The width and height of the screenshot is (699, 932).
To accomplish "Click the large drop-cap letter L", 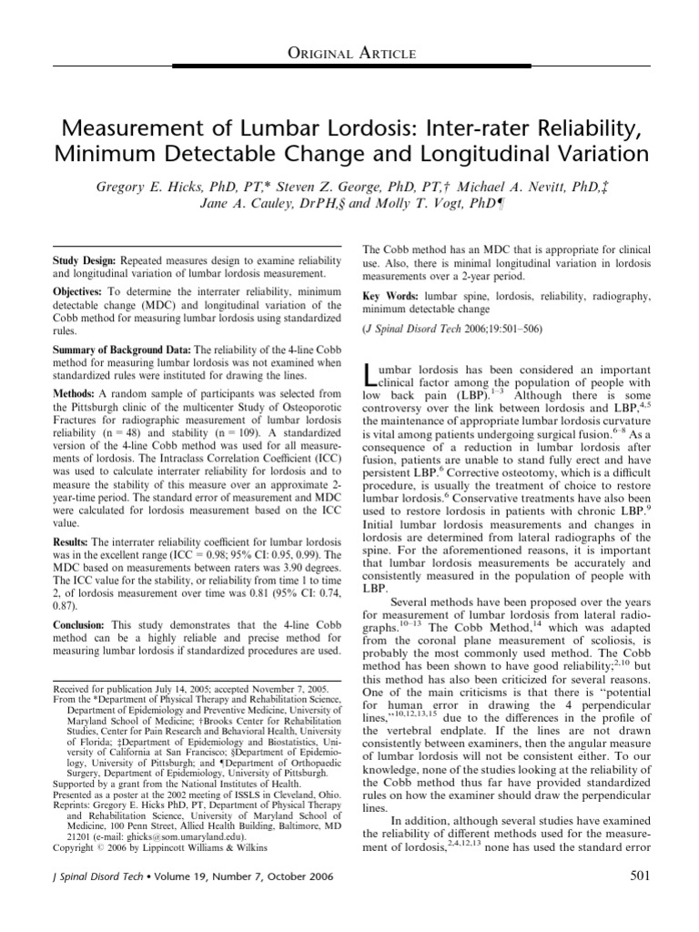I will pos(370,372).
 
